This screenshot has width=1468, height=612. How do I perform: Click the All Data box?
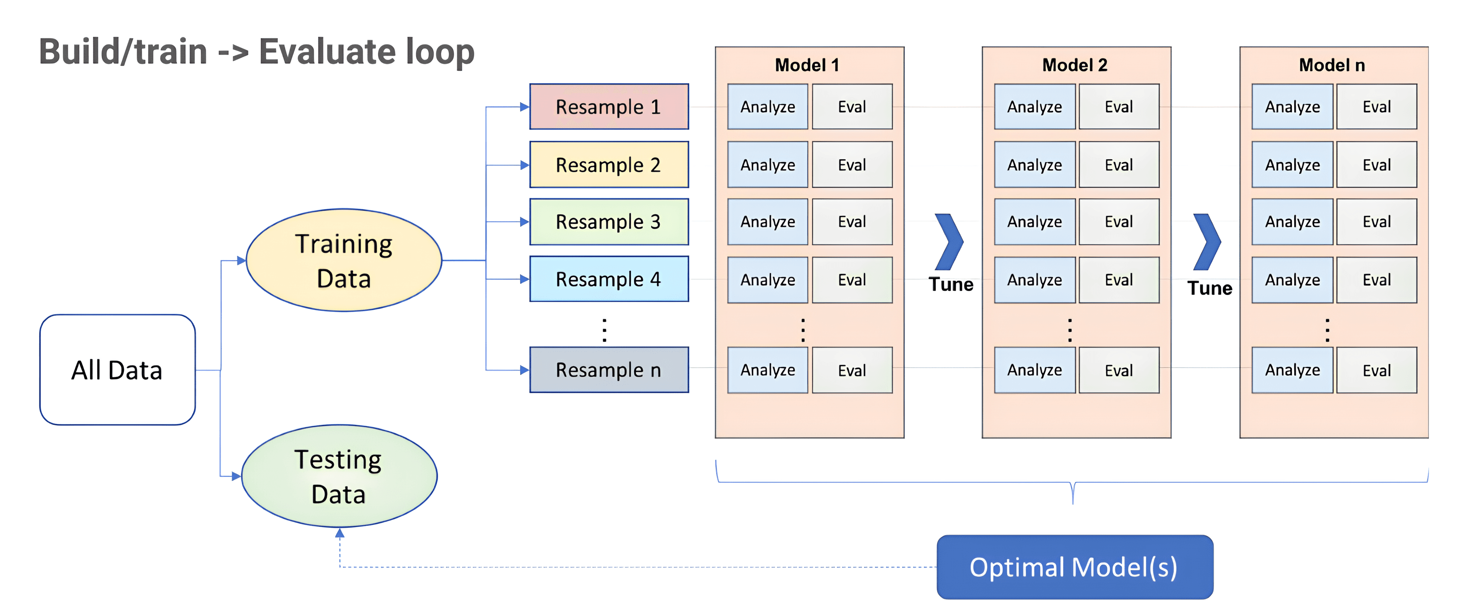click(117, 369)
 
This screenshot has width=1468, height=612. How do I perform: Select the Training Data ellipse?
click(344, 260)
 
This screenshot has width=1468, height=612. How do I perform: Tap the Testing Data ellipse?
click(339, 476)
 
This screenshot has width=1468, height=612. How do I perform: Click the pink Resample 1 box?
click(609, 107)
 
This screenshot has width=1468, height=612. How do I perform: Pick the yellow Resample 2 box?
click(609, 165)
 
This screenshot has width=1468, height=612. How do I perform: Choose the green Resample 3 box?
click(609, 222)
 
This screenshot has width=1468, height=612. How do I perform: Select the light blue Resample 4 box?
click(609, 279)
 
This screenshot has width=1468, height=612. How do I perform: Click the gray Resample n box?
click(609, 369)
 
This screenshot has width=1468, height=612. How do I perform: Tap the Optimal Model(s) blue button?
click(1074, 567)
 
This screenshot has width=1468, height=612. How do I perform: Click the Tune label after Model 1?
click(950, 284)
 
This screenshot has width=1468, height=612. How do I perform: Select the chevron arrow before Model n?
click(1207, 242)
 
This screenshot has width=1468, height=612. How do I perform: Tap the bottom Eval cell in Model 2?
click(1118, 370)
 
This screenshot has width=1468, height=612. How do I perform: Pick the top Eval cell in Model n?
click(1376, 107)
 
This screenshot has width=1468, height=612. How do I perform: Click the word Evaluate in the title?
click(327, 51)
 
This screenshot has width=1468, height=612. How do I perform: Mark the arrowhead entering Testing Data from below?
click(339, 533)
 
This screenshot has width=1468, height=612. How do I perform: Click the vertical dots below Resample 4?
click(605, 330)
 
